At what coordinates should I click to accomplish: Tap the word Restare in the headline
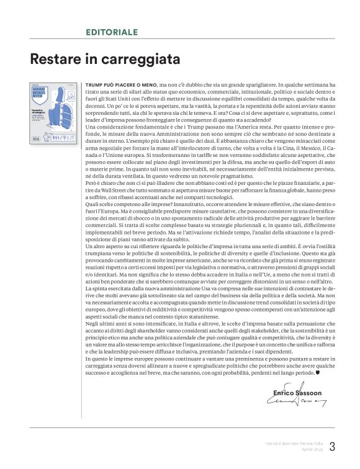tap(53, 60)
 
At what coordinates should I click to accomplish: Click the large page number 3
tap(331, 447)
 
